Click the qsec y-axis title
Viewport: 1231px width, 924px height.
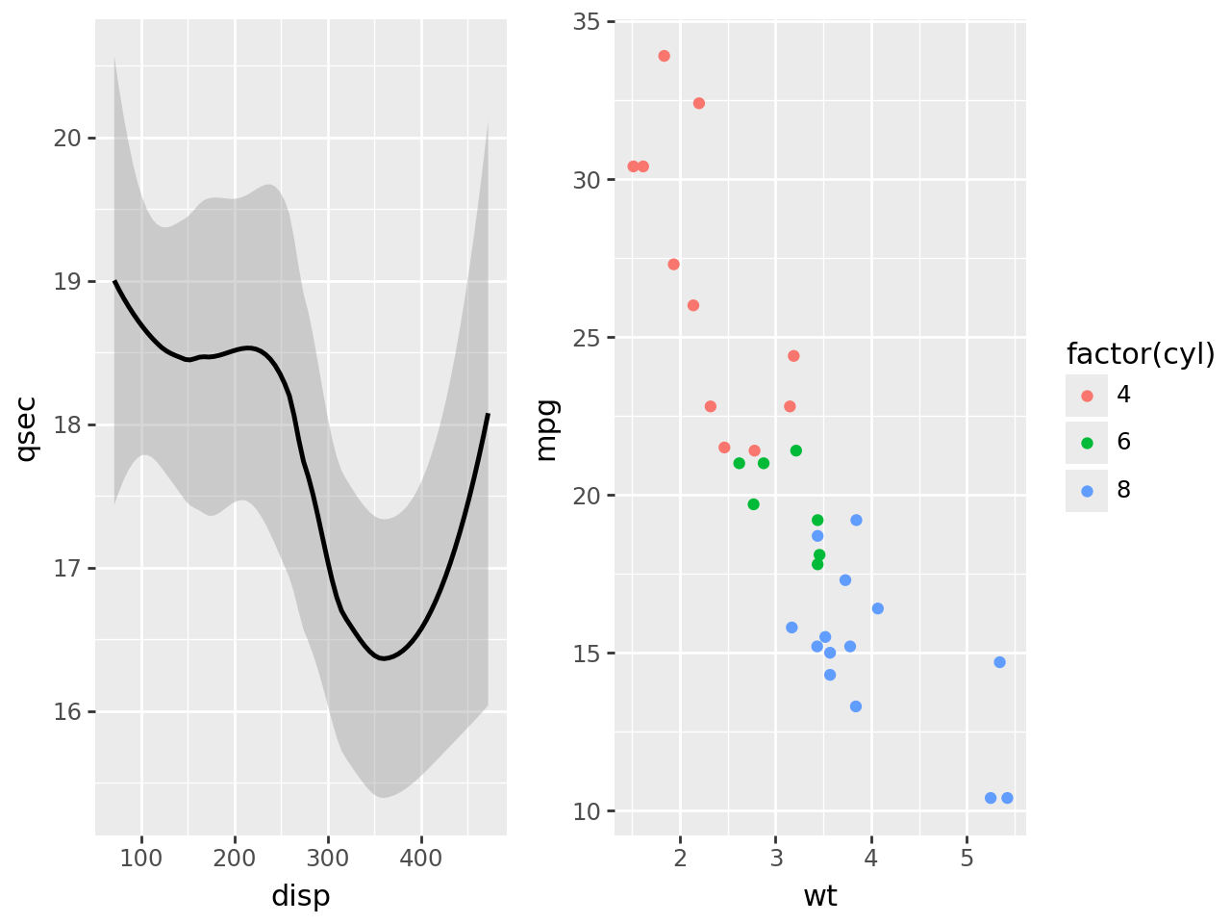tap(27, 428)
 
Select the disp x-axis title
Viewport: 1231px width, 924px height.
tap(300, 896)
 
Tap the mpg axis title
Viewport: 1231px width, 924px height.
tap(546, 429)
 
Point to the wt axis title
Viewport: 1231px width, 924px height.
tap(819, 896)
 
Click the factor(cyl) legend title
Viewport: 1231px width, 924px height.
tap(1141, 354)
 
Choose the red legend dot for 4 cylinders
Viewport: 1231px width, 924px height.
tap(1087, 396)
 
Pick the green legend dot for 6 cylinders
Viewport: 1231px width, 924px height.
tap(1087, 443)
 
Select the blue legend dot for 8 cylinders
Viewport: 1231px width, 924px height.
tap(1087, 491)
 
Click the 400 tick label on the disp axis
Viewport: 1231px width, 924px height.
tap(421, 858)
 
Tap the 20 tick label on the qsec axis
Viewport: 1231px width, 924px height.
tap(67, 139)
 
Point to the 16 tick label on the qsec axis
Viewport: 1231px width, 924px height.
tap(67, 712)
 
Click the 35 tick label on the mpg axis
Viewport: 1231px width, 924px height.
tap(587, 21)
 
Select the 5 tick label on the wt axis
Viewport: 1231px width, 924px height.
tap(967, 858)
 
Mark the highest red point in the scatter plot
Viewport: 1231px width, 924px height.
tap(664, 56)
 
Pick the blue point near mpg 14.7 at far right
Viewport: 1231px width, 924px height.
tap(999, 662)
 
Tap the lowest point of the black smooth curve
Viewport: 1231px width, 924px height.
tap(384, 658)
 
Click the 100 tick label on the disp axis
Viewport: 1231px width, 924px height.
tap(141, 858)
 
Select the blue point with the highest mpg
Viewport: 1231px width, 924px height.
tap(856, 520)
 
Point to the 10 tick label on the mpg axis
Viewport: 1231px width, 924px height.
tap(587, 811)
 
